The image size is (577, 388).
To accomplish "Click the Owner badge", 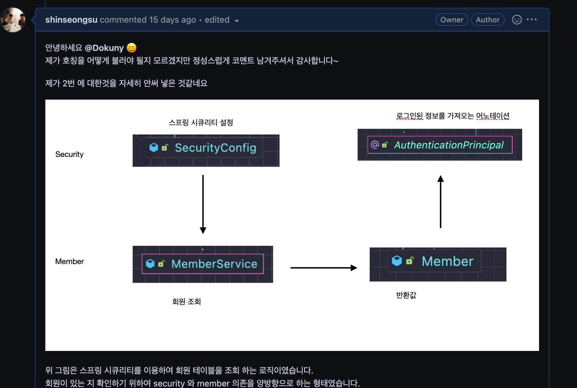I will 452,20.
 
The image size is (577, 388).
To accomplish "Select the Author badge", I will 488,20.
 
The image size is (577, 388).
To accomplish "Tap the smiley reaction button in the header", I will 517,20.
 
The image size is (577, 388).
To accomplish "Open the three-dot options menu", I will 532,20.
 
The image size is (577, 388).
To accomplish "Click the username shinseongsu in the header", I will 71,20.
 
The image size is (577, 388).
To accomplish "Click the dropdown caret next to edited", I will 236,21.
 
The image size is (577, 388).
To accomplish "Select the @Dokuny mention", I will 104,48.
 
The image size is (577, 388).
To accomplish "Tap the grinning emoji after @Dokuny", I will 131,48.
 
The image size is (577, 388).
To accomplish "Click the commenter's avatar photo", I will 13,20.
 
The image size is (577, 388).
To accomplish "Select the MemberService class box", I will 203,264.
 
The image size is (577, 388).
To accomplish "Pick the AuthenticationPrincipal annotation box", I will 440,145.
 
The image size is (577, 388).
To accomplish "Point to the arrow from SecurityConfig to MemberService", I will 203,204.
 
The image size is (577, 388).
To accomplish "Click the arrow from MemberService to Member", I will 323,268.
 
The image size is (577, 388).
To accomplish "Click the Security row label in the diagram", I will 70,154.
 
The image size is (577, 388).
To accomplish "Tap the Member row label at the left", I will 70,261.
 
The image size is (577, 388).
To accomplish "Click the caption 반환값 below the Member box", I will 406,295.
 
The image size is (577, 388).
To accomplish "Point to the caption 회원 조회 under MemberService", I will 186,302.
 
